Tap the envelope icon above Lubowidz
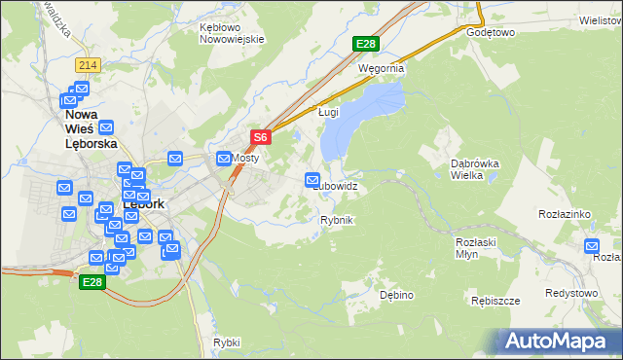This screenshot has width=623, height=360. pos(312,180)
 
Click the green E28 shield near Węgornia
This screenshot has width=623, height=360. pos(365,44)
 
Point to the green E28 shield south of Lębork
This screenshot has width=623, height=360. pos(92,281)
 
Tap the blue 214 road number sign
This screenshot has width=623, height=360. pos(89,64)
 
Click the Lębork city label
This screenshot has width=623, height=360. pos(143,205)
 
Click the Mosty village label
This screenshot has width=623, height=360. pos(243,158)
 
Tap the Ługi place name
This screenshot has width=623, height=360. pos(328,113)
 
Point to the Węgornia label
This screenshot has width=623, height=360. pos(381,70)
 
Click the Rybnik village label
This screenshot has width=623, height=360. pos(336,221)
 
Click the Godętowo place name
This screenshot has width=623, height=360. pos(490,32)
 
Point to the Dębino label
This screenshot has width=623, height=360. pos(397,294)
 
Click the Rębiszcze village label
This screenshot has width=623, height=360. pos(497,301)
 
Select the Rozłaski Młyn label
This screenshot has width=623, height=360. pos(476,246)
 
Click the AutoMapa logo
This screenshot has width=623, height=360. pos(559,341)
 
